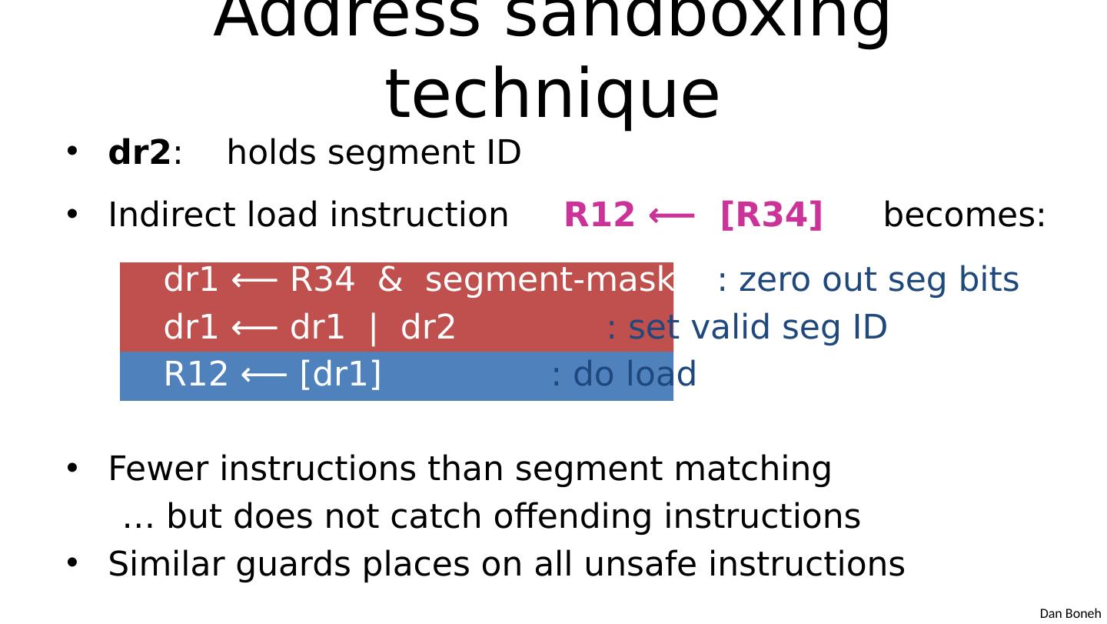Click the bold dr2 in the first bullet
point(139,153)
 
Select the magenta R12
point(600,215)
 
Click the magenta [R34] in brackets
point(771,215)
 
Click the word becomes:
point(964,215)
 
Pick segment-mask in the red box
point(549,280)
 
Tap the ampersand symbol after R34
point(390,280)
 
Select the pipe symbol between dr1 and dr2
point(374,328)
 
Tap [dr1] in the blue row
point(341,375)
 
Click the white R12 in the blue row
point(196,375)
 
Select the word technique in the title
point(552,94)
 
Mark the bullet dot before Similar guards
point(72,563)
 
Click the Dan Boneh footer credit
point(1070,613)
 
